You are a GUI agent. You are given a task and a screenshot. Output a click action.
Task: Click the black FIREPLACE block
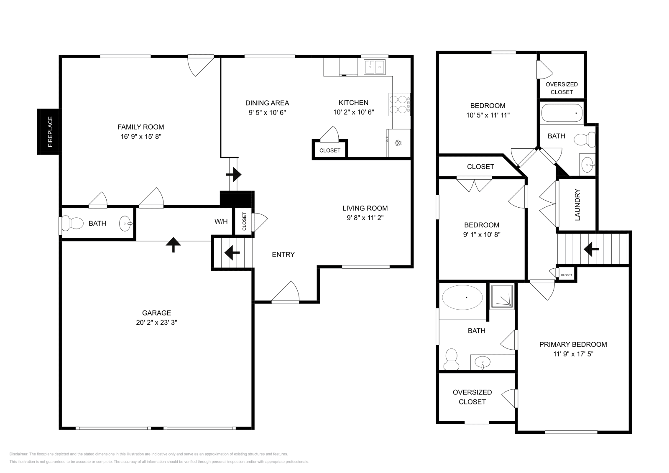coord(49,132)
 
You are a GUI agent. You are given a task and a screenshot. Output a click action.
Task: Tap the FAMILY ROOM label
coord(140,127)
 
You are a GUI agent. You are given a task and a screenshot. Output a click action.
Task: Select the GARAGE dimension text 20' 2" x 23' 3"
coord(156,322)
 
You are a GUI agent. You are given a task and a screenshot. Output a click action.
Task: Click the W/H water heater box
coord(221,221)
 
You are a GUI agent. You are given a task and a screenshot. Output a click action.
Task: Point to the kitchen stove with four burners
coord(399,104)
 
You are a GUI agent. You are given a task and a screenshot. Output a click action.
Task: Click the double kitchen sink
coord(374,67)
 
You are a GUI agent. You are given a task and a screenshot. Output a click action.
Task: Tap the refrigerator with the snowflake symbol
coord(398,143)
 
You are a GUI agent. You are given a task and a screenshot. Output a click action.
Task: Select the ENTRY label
coord(283,254)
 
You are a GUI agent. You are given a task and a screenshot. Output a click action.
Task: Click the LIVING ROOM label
coord(365,208)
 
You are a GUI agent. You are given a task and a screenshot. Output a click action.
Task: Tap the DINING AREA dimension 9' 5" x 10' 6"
coord(267,112)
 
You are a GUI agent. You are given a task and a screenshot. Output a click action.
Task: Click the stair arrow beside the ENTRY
coord(232,252)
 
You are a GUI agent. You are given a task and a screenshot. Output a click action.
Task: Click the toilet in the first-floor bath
coord(72,223)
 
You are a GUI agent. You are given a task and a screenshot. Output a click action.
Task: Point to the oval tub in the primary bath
coord(462,298)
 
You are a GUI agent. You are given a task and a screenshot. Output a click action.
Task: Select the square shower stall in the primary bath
coord(502,297)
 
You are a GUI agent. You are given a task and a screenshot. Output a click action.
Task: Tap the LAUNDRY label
coord(577,205)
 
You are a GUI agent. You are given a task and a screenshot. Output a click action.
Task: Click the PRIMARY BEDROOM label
coord(573,344)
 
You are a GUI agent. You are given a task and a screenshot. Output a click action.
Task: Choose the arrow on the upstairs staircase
coord(591,249)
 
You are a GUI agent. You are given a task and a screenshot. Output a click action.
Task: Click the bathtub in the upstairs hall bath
coord(562,112)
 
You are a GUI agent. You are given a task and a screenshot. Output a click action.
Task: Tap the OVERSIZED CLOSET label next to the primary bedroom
coord(472,397)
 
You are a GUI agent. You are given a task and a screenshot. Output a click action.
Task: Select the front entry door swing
coord(286,292)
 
